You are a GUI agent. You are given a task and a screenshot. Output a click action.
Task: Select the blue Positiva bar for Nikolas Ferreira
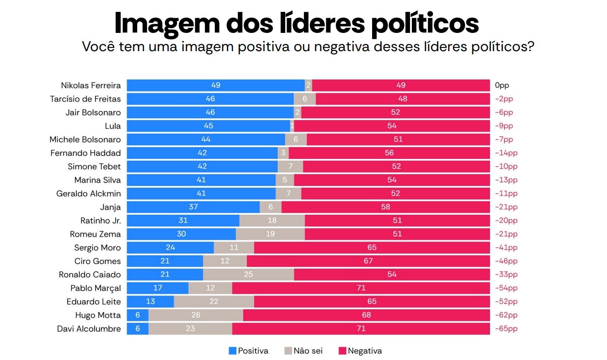(x=215, y=85)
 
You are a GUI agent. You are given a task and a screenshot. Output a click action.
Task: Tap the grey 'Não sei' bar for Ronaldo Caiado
(x=248, y=275)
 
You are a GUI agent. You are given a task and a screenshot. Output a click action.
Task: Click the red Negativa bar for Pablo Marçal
(x=361, y=288)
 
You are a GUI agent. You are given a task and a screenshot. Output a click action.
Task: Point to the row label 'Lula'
(x=112, y=126)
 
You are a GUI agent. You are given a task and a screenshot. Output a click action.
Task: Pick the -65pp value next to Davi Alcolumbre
(x=506, y=329)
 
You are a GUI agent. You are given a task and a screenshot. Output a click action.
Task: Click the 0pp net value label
(x=501, y=85)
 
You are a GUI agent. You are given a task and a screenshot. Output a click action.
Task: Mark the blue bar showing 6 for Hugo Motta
(x=138, y=315)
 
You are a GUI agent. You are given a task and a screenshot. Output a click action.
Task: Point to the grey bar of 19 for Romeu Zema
(x=270, y=234)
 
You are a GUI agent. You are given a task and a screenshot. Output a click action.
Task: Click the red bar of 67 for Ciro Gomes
(x=368, y=261)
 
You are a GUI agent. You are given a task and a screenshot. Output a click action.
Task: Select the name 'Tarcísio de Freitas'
(x=85, y=99)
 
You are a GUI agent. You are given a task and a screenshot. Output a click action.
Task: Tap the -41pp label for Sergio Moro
(x=506, y=248)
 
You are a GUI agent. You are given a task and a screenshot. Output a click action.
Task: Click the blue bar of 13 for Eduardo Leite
(x=150, y=302)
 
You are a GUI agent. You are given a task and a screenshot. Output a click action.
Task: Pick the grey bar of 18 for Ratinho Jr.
(x=272, y=221)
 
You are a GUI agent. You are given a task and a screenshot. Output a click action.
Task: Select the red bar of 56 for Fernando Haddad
(x=389, y=153)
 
